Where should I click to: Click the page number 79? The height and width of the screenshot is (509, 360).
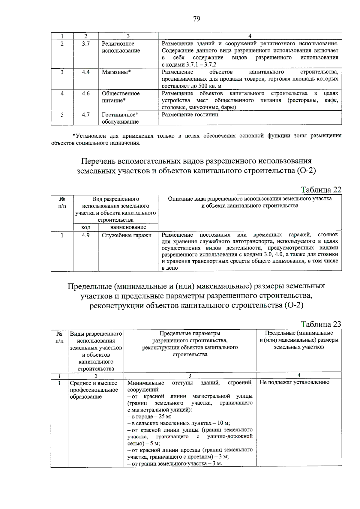(x=196, y=19)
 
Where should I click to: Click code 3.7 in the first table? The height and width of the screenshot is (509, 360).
(x=86, y=44)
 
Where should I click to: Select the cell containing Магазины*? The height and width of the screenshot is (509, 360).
(x=116, y=72)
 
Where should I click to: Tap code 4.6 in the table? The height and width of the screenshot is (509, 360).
(x=86, y=94)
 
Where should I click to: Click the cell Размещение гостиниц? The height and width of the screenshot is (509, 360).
(x=190, y=115)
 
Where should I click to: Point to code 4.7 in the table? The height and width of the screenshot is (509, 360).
(x=86, y=115)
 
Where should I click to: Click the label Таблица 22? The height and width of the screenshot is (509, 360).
(x=321, y=190)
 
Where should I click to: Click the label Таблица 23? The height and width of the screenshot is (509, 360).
(x=321, y=324)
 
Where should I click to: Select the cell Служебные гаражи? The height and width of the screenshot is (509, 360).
(x=127, y=235)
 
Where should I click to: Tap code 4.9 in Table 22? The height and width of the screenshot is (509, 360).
(x=86, y=235)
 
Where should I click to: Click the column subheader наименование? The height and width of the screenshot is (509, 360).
(x=128, y=227)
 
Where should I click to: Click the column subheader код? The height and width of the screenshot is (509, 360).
(x=86, y=227)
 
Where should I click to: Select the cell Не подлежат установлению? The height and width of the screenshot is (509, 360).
(x=294, y=382)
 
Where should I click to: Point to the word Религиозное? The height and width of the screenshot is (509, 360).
(x=118, y=44)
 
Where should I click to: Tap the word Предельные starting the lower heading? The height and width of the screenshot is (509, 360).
(x=89, y=286)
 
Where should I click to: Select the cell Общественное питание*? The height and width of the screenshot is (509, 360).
(x=121, y=97)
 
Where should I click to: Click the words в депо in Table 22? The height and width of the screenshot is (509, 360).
(x=170, y=268)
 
